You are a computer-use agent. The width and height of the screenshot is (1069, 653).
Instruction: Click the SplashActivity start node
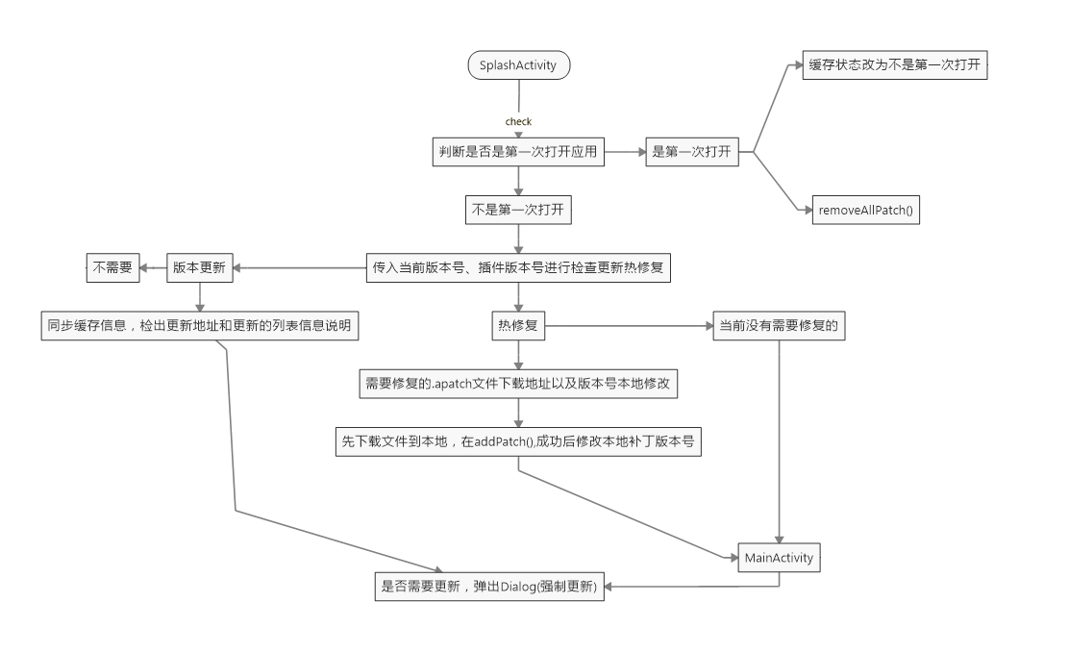point(518,65)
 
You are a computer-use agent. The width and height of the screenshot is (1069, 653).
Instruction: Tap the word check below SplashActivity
point(518,122)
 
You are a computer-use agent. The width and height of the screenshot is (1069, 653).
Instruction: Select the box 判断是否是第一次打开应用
point(518,152)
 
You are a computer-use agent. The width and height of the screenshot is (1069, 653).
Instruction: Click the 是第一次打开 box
point(692,152)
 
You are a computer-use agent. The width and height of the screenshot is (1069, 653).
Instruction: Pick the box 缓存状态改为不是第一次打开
point(895,65)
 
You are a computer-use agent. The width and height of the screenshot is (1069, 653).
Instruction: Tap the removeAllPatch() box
point(865,210)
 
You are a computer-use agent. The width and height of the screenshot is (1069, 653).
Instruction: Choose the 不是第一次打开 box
point(518,210)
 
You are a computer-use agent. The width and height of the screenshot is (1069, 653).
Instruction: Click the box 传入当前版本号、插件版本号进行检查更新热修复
point(518,268)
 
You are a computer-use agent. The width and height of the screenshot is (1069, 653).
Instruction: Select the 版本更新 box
point(200,268)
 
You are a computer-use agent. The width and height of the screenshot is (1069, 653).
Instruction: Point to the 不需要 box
point(112,268)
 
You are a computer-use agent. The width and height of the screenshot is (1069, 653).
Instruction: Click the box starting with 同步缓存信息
point(199,326)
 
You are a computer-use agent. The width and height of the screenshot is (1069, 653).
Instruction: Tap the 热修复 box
point(518,326)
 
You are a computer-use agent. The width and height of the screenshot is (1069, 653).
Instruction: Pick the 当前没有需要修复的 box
point(778,326)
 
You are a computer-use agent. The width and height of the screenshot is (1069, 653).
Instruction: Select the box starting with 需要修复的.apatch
point(518,383)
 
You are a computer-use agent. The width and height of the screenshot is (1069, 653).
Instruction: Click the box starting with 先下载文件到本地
point(518,441)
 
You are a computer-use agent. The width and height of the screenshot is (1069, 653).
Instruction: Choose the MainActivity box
point(779,558)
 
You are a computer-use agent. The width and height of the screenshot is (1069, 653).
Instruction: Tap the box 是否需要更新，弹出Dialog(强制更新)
point(490,587)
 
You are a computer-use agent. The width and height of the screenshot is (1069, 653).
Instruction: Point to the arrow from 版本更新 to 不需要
point(153,268)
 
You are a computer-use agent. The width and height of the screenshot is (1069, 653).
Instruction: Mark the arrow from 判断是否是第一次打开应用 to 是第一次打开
point(625,152)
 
